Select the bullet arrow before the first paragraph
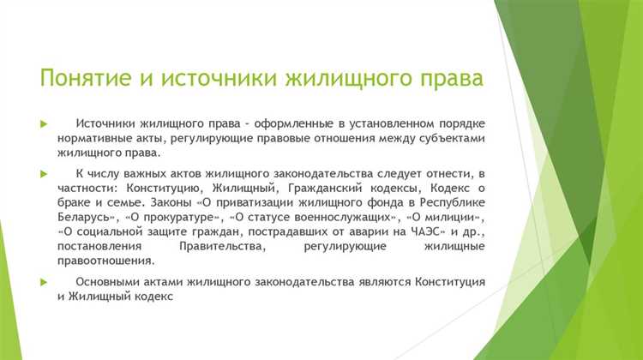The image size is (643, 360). [43, 124]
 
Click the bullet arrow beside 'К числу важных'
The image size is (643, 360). [43, 172]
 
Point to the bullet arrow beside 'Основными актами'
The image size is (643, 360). [43, 281]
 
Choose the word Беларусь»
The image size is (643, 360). [90, 218]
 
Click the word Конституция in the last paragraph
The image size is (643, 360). [438, 281]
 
